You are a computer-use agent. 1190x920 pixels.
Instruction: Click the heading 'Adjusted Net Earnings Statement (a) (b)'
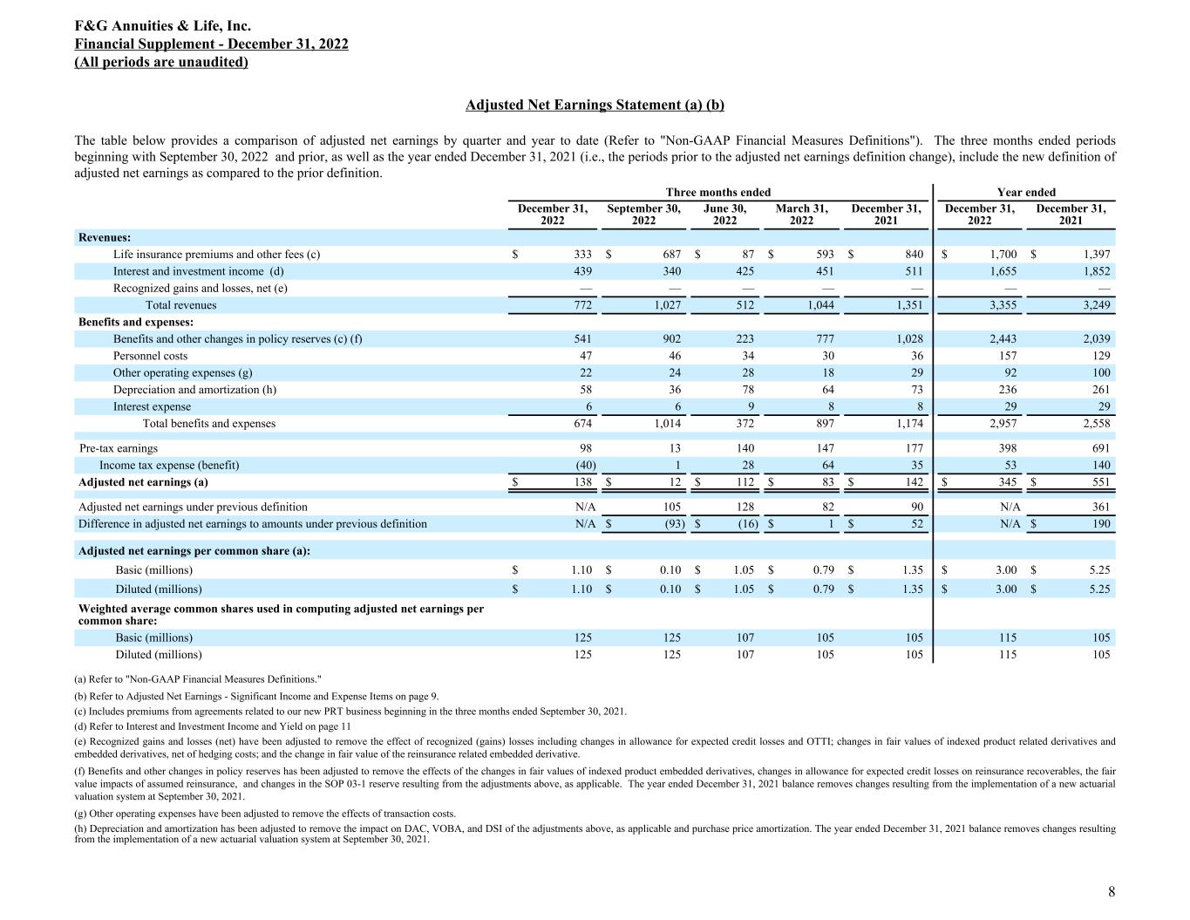click(x=595, y=106)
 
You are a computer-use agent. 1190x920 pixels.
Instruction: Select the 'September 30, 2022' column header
click(x=643, y=215)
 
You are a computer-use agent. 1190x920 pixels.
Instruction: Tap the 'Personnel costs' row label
click(x=150, y=356)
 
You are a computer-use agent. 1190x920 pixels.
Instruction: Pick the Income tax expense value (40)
click(x=580, y=465)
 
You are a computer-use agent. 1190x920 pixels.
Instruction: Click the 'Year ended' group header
click(x=1026, y=192)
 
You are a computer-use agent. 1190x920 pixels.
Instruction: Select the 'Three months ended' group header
click(x=718, y=192)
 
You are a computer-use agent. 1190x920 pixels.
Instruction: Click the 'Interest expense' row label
click(x=152, y=406)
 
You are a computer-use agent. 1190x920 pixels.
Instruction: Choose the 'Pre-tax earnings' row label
click(x=119, y=448)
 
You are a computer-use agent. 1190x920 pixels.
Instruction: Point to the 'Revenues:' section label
click(x=105, y=237)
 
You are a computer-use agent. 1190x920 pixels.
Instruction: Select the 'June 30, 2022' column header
click(x=724, y=215)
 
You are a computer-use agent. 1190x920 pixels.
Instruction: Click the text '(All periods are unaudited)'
click(x=161, y=62)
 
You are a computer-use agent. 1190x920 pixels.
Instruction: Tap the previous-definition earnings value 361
click(x=1100, y=507)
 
